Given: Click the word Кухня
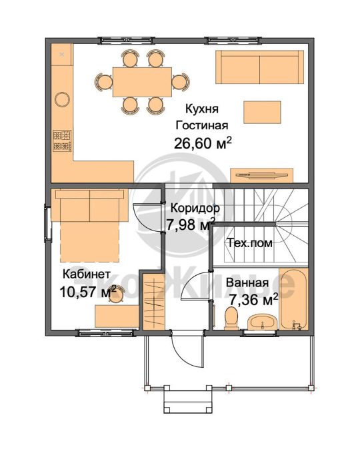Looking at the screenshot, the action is (x=202, y=109).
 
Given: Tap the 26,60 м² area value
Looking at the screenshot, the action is (x=203, y=143).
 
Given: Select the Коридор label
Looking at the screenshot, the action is (x=195, y=208).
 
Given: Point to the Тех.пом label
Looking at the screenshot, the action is (x=250, y=243).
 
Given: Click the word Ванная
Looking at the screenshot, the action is (x=247, y=282).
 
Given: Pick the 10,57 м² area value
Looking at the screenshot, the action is (x=88, y=292).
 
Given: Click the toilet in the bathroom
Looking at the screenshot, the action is (x=231, y=318).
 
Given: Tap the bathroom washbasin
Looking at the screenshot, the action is (x=263, y=322).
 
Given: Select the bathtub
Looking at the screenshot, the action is (x=293, y=299).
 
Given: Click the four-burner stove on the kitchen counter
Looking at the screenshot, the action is (x=62, y=141).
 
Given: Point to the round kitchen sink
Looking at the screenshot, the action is (x=63, y=99).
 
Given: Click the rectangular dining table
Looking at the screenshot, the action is (x=142, y=82).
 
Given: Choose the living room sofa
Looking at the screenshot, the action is (x=259, y=67).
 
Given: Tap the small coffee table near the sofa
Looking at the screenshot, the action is (x=262, y=112).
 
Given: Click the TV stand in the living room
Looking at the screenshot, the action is (x=262, y=175).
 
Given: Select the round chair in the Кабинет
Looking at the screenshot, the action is (x=117, y=295).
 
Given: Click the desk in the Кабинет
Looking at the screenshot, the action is (x=117, y=316).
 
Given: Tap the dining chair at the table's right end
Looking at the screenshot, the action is (x=181, y=82).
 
